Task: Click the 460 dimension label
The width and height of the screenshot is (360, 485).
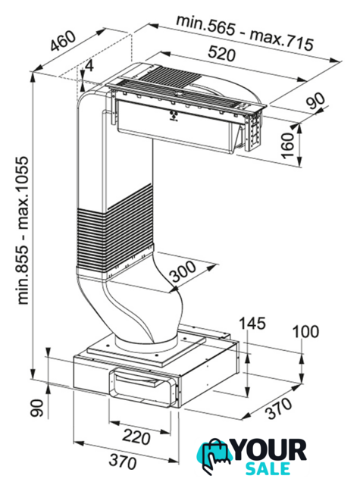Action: point(63,41)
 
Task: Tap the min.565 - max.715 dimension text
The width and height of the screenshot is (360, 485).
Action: point(245,33)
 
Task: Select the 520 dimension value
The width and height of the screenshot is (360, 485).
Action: point(221,53)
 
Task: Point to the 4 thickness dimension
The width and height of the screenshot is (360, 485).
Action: point(89,66)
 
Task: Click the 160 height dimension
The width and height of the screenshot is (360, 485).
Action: point(288,145)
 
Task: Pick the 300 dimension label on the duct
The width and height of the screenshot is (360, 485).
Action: point(183,272)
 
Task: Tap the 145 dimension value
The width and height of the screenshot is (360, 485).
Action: point(252,324)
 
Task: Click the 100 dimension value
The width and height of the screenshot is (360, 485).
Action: point(305,332)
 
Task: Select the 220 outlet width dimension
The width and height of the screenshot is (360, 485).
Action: point(136,437)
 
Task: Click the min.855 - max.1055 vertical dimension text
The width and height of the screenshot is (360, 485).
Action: point(23,230)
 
